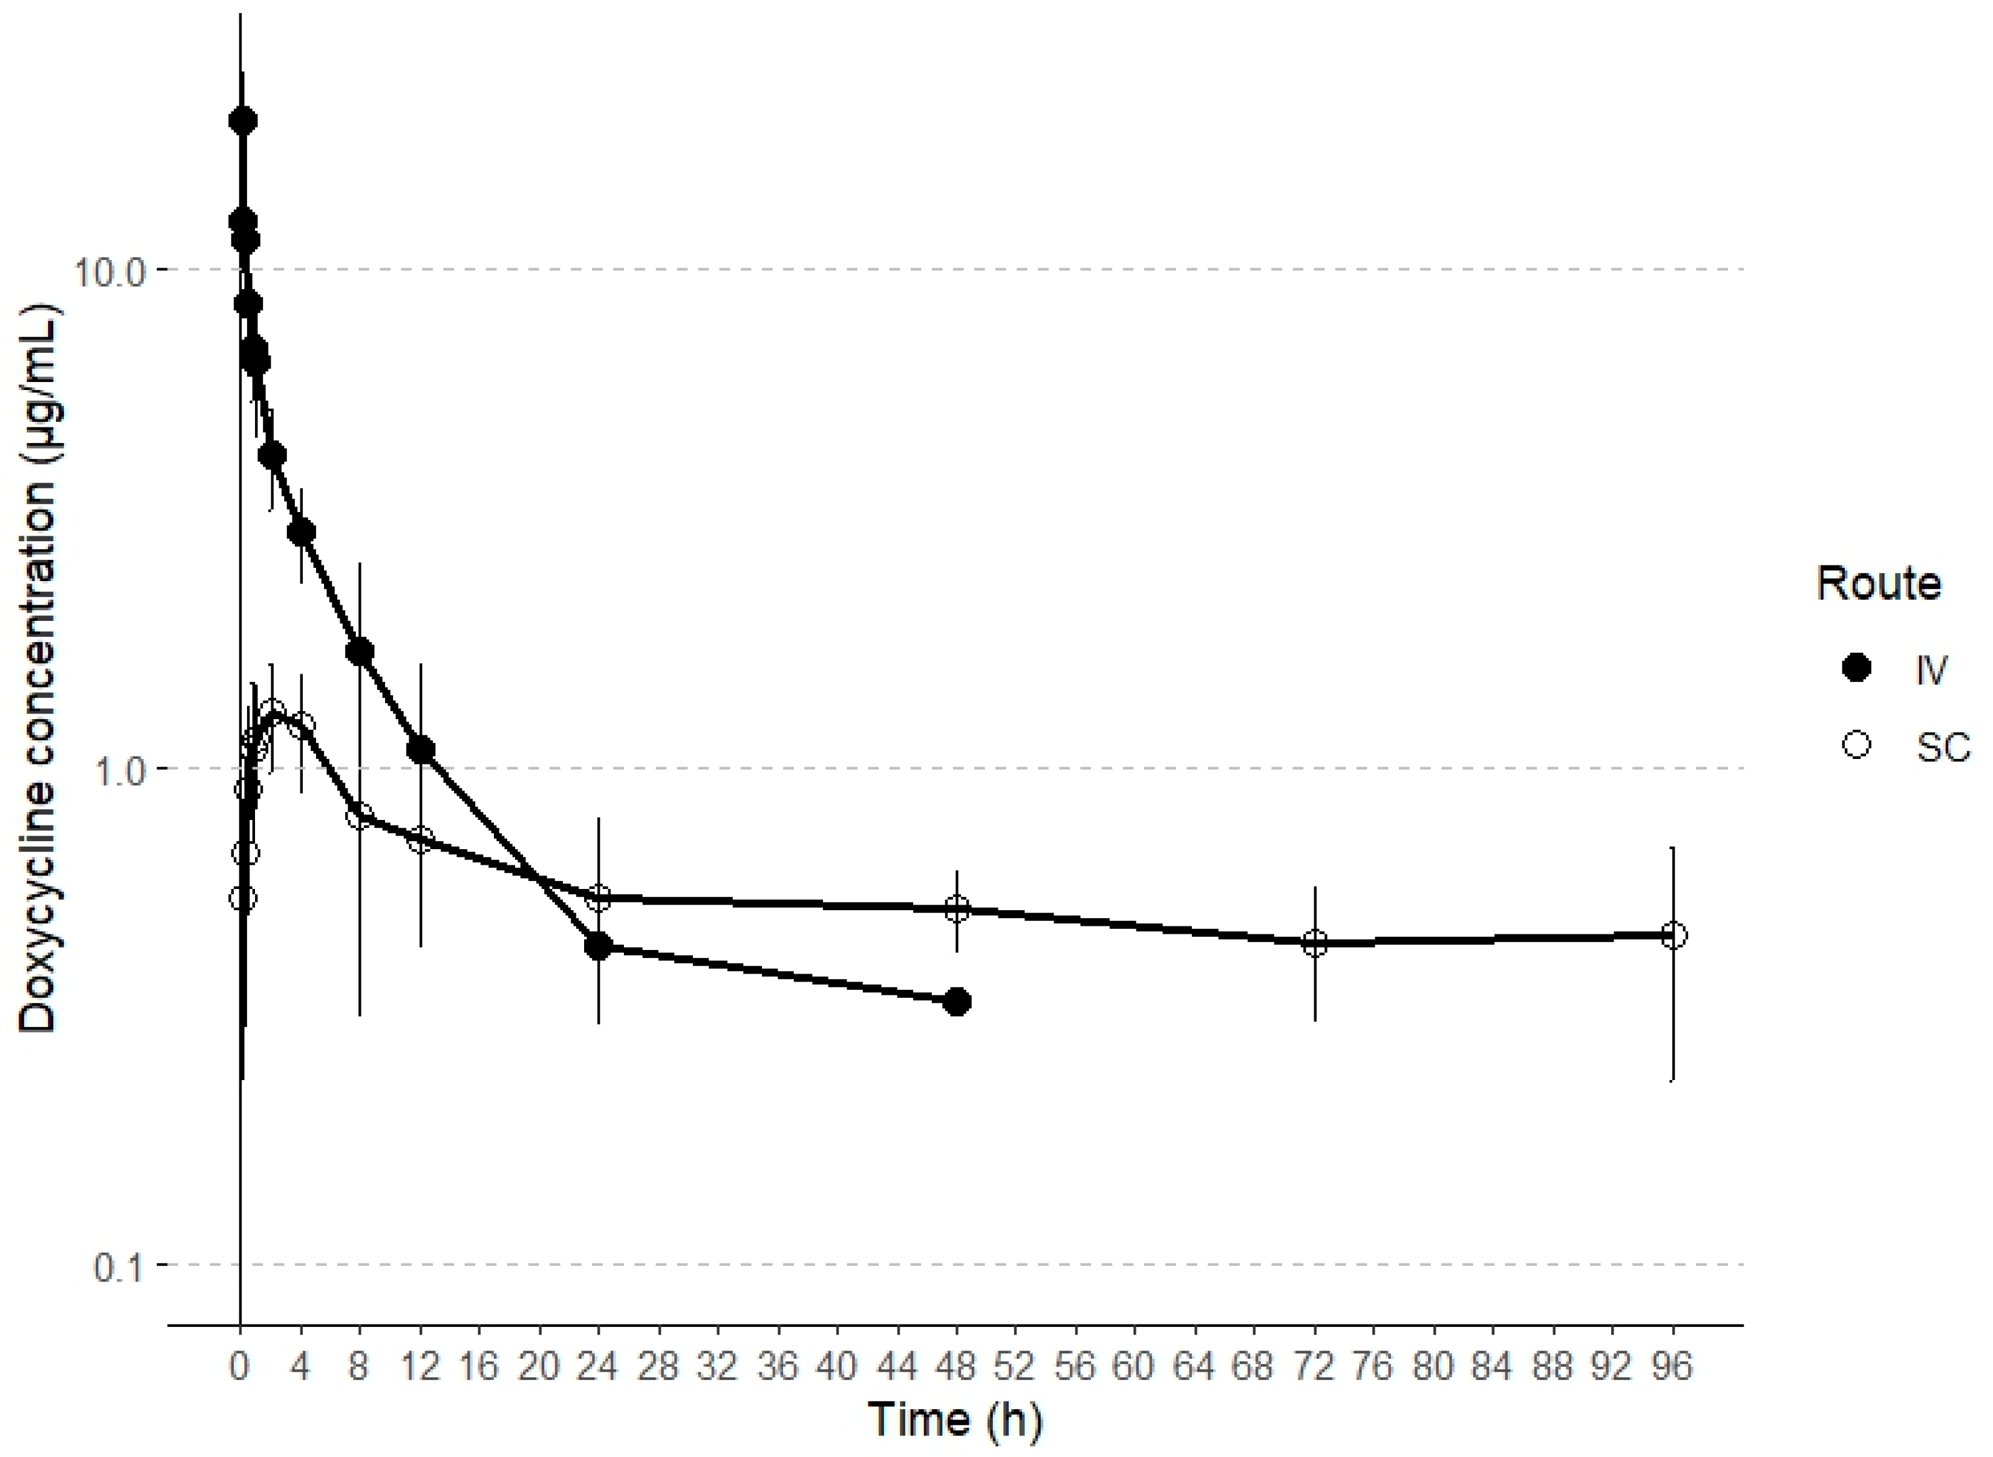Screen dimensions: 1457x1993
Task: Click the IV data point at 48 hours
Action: coord(957,1002)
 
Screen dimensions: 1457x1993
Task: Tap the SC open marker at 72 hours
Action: coord(1315,943)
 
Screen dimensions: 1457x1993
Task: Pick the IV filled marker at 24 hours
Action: coord(599,946)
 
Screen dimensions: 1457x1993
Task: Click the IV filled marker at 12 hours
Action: coord(420,750)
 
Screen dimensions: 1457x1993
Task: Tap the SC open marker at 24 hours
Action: coord(599,899)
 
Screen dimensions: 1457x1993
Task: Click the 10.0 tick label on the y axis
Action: coord(108,270)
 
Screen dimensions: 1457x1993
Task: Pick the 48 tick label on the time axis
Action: coord(957,1366)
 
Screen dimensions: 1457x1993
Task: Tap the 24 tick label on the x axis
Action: coord(599,1366)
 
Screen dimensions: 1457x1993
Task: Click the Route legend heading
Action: coord(1879,584)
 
